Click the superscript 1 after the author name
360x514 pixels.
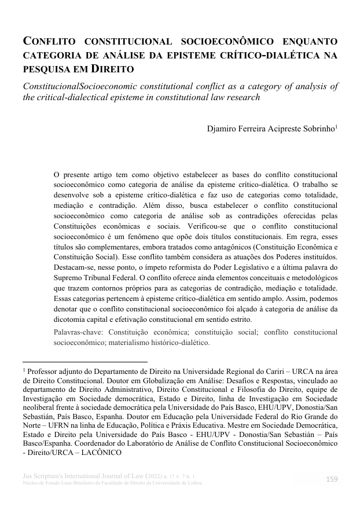point(337,126)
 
